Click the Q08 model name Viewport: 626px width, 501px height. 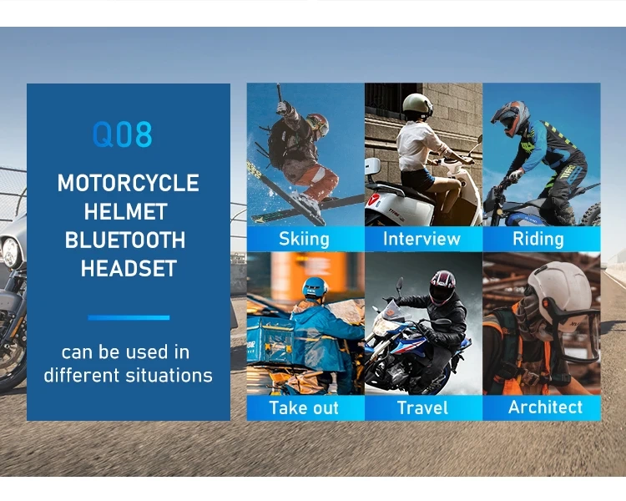123,134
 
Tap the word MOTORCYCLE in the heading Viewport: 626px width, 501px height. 129,183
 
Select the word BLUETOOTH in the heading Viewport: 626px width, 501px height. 125,240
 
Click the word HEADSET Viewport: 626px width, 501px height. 129,269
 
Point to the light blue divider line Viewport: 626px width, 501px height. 129,317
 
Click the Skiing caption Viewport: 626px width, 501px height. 304,240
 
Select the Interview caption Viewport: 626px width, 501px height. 422,239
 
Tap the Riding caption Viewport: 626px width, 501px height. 538,240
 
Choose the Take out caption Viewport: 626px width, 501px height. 304,408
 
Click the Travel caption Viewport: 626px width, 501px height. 422,408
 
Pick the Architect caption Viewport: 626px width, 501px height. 545,407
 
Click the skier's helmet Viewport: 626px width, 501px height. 318,124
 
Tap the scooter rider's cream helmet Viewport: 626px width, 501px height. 417,105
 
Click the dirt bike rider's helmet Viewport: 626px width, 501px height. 510,118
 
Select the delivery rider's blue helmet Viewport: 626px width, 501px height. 315,287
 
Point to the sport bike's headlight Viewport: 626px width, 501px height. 385,327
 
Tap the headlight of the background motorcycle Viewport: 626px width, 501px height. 11,252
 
